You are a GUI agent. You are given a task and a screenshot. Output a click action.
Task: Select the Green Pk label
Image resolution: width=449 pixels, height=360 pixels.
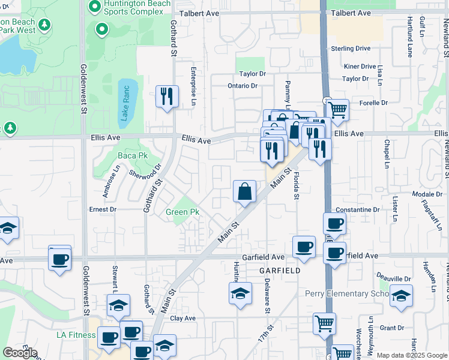182,212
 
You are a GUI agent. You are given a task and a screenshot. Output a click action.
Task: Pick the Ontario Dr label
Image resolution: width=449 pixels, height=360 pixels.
242,86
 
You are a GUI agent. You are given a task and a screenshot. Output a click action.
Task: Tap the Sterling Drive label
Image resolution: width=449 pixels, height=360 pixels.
351,49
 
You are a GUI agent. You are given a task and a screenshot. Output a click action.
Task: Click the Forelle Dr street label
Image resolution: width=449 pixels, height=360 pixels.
373,103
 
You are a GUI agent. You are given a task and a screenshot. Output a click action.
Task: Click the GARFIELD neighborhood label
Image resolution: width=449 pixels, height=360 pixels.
280,271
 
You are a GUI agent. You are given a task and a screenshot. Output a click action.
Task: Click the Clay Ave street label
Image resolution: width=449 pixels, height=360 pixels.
183,318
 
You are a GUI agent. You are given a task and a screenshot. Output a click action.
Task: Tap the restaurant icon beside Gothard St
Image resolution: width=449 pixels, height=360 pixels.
166,96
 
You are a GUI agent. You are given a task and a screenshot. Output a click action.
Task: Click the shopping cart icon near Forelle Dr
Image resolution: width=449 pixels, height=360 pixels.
338,109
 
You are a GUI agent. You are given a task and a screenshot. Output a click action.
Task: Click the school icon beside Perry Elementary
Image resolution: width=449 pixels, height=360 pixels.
401,295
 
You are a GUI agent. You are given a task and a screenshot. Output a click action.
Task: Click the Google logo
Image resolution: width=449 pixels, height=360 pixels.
20,353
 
